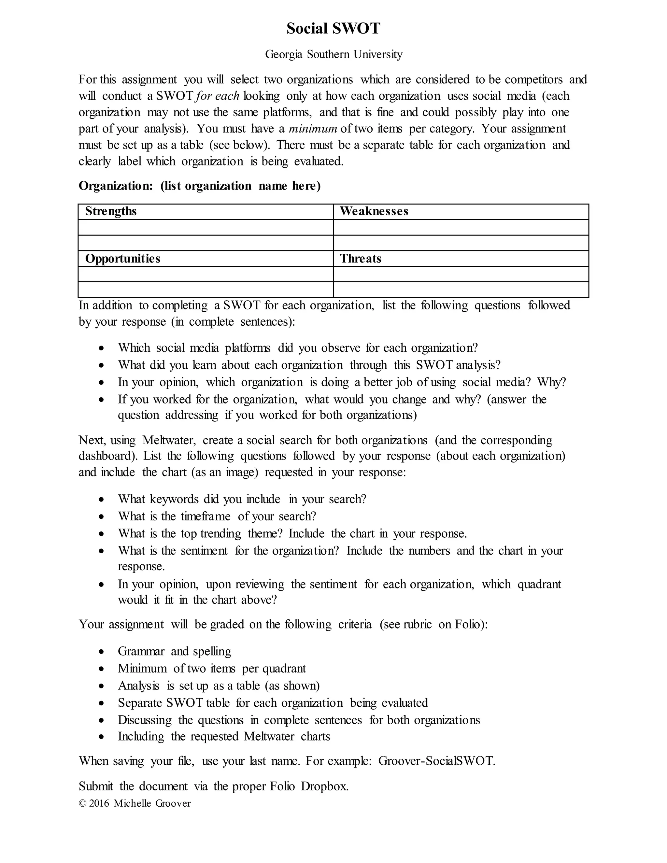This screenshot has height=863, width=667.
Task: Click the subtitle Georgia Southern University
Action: click(x=333, y=54)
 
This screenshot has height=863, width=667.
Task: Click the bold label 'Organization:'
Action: click(x=115, y=186)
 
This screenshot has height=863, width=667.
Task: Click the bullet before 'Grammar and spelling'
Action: click(x=102, y=652)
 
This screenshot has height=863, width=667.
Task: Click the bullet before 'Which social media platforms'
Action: click(x=102, y=348)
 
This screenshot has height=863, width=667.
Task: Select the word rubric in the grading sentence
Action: click(x=417, y=624)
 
